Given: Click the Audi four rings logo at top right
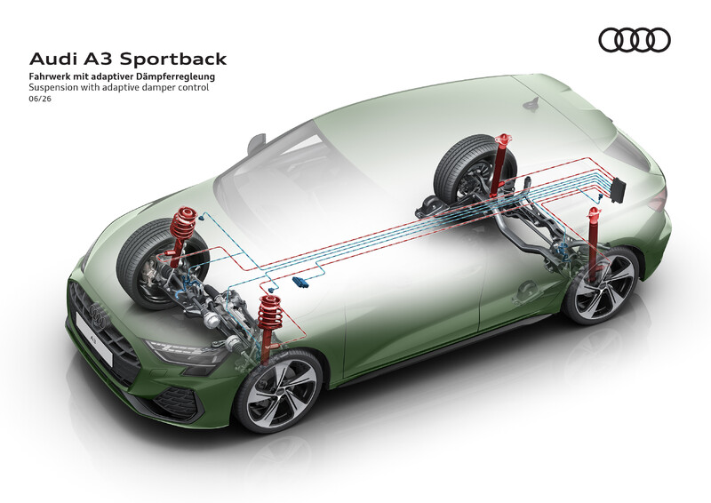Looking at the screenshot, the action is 635,40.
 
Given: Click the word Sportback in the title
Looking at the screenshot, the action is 173,59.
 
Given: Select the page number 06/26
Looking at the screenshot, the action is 40,99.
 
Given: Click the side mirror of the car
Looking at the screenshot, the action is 256,142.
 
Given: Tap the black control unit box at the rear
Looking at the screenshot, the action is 618,189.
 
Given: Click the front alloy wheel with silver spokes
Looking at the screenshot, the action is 278,390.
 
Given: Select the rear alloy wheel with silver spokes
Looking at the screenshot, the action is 601,285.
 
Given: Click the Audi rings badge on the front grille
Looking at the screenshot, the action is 98,315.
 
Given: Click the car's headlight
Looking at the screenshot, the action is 186,353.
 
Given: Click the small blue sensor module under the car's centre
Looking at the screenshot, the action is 301,282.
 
